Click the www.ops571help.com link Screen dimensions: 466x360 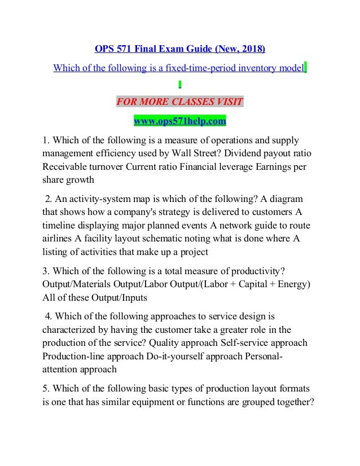179,121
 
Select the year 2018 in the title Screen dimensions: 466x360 251,50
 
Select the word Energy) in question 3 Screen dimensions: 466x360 293,285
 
